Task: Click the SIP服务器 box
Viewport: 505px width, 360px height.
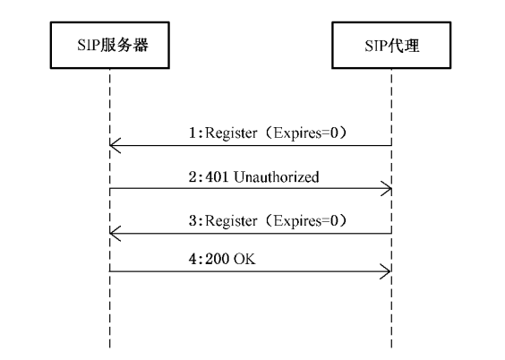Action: [110, 45]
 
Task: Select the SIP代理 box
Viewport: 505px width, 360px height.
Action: [391, 45]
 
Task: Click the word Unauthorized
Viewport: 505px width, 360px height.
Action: [277, 177]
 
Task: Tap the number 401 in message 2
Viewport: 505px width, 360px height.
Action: [217, 177]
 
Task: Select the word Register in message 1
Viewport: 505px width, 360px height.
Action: [231, 133]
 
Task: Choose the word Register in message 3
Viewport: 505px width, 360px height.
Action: [231, 221]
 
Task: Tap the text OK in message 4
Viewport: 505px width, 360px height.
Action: [244, 259]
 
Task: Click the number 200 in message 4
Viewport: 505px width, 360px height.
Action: [217, 259]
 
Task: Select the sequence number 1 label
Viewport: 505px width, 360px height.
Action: [193, 133]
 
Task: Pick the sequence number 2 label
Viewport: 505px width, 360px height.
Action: [193, 177]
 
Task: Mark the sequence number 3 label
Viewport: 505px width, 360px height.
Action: [193, 221]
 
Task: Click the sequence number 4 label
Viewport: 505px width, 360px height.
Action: [193, 259]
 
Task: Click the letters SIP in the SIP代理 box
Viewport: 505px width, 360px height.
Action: [376, 46]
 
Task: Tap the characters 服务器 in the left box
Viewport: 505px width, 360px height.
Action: [124, 45]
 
